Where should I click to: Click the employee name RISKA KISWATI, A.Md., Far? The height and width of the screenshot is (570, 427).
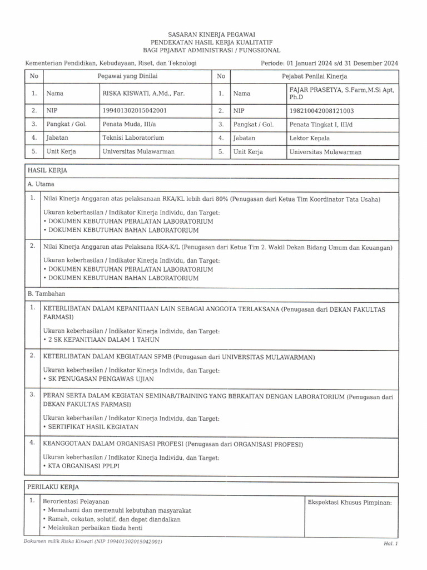click(x=143, y=94)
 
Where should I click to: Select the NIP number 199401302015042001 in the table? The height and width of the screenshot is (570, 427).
click(x=135, y=110)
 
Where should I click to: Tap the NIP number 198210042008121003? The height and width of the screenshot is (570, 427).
click(x=321, y=110)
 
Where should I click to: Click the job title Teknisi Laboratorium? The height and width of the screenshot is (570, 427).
click(x=133, y=137)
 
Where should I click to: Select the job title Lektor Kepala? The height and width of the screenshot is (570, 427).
click(x=309, y=137)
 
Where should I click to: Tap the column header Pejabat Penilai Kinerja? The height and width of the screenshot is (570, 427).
click(x=314, y=76)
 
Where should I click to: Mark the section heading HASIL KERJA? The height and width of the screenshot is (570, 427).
click(x=47, y=170)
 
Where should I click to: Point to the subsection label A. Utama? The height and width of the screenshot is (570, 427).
click(x=41, y=183)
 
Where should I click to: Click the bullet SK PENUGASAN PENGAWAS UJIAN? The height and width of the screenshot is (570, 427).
click(x=100, y=379)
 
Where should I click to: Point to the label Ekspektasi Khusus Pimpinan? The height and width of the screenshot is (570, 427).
click(x=350, y=503)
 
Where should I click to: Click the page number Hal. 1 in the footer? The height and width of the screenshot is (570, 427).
click(x=391, y=543)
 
